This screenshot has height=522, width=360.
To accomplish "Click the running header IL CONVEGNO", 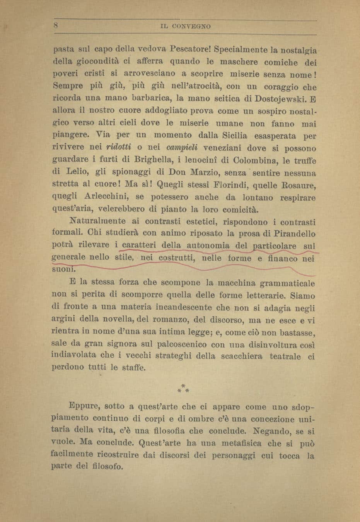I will (185, 27).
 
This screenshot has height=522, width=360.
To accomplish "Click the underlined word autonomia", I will (208, 246).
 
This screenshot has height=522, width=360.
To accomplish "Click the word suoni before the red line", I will (61, 269).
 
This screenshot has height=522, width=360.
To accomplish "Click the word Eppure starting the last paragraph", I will (85, 406).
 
